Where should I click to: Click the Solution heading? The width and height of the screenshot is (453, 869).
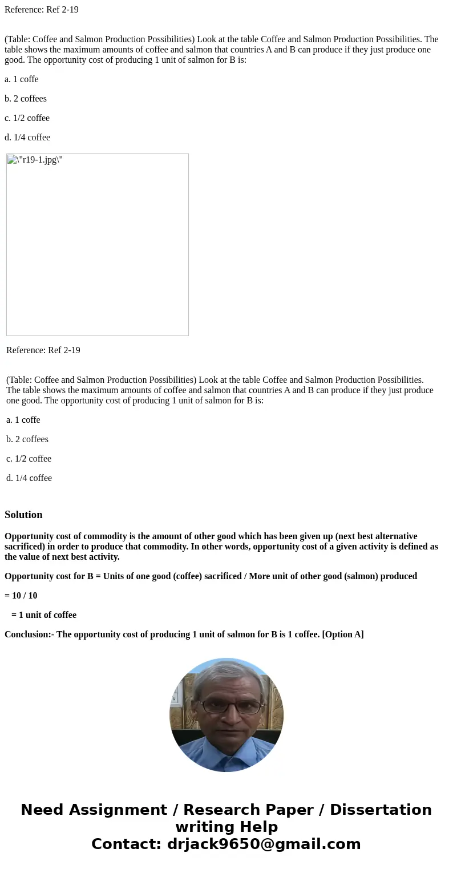(23, 515)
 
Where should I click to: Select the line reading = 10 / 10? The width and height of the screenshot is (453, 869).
(21, 596)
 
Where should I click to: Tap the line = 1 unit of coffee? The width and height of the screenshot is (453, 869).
(43, 615)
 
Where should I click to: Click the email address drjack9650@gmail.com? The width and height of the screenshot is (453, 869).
(264, 844)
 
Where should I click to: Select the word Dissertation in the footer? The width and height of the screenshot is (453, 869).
(381, 810)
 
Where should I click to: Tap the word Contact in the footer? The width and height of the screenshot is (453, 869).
(126, 844)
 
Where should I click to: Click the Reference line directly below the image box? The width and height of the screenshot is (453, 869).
(43, 350)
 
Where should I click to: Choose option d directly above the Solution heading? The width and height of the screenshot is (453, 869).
(29, 478)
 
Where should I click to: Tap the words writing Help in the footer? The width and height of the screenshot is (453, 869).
(226, 827)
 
